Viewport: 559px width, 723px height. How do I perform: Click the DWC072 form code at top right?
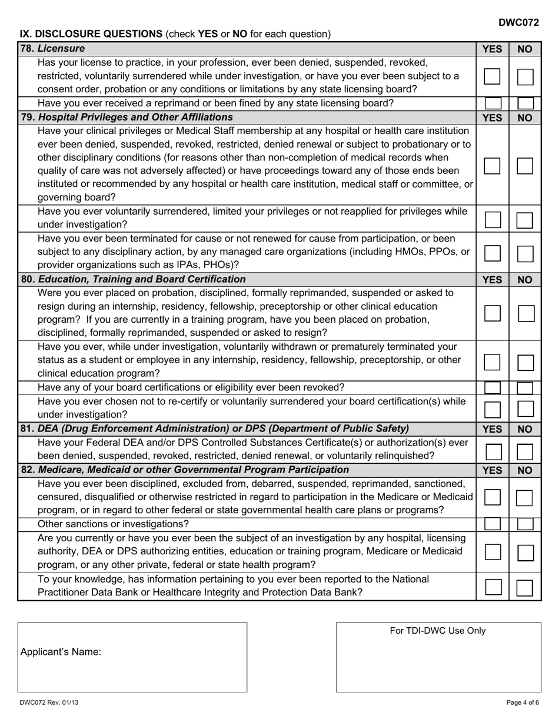click(518, 22)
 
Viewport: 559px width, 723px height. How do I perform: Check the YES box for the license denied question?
click(492, 76)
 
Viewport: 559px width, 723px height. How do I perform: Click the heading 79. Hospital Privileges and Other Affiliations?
click(127, 117)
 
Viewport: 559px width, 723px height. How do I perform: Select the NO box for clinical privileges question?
click(525, 166)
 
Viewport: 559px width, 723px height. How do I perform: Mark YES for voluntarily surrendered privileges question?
click(493, 220)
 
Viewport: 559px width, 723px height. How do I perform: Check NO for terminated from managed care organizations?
click(525, 254)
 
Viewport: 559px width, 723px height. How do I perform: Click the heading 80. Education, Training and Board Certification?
click(134, 279)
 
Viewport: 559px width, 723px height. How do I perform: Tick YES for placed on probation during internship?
click(493, 313)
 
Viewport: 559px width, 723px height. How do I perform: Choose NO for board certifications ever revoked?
click(525, 387)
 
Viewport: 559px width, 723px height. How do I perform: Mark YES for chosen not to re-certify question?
click(493, 409)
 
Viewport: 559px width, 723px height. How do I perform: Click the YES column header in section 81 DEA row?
click(492, 429)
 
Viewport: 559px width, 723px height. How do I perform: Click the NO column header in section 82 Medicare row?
click(525, 470)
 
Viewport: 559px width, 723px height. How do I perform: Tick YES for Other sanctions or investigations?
click(493, 524)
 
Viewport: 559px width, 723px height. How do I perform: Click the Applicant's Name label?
click(61, 652)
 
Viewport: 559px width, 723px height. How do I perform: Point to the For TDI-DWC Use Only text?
click(438, 631)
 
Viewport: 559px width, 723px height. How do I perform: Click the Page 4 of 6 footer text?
click(523, 702)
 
